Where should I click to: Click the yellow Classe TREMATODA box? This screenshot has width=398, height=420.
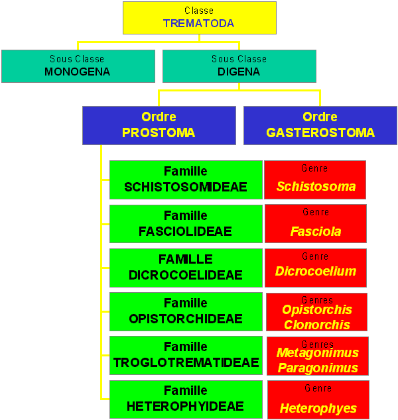click(200, 18)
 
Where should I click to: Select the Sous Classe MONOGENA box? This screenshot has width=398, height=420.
click(78, 66)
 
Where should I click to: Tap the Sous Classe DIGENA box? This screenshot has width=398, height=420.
click(239, 66)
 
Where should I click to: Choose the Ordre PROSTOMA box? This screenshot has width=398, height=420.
click(159, 125)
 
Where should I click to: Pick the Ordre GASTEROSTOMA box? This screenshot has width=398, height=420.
click(320, 125)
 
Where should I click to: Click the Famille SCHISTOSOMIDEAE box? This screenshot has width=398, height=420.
click(186, 180)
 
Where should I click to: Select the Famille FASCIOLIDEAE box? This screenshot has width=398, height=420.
click(186, 224)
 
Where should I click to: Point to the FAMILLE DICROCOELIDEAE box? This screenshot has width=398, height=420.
click(186, 268)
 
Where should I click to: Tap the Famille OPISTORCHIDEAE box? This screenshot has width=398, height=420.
click(186, 311)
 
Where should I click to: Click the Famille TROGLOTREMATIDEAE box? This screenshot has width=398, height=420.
click(186, 355)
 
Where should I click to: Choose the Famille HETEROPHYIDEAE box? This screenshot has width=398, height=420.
click(186, 399)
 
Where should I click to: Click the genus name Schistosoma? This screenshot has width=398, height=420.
click(316, 186)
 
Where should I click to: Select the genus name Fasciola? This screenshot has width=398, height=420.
click(316, 231)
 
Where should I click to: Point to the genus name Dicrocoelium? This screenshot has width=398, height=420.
click(316, 271)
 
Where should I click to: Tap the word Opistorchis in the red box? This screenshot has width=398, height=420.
click(317, 310)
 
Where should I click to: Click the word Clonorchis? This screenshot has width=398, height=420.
click(317, 325)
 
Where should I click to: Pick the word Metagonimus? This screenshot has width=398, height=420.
click(318, 353)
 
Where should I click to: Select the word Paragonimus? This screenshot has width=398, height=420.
click(318, 368)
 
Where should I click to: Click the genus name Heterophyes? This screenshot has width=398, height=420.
click(318, 409)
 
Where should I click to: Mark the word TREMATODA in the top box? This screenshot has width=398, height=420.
click(199, 24)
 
